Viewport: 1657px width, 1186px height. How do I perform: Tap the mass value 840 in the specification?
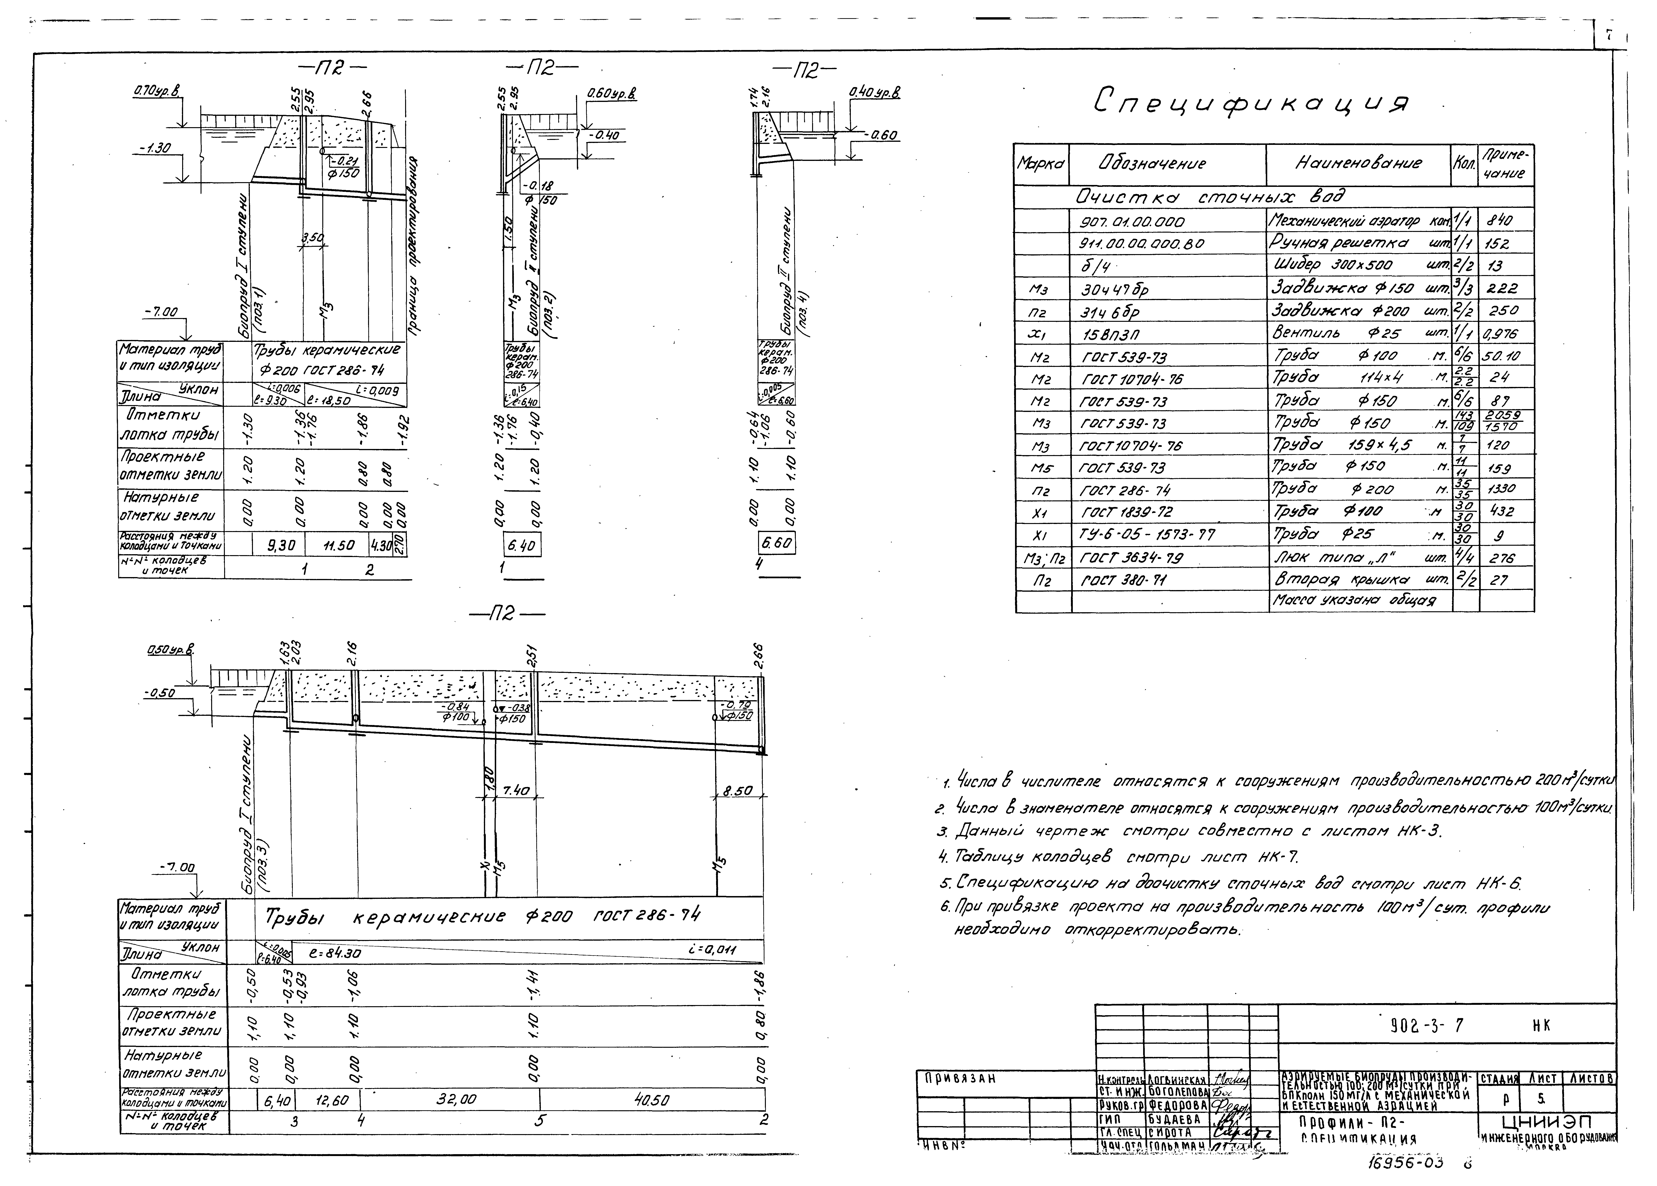coord(1501,221)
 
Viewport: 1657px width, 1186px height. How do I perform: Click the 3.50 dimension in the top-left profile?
coord(313,239)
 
